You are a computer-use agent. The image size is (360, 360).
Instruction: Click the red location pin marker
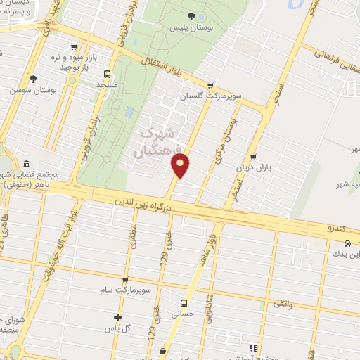[x=181, y=166]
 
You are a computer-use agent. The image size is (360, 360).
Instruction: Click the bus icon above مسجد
[x=108, y=73]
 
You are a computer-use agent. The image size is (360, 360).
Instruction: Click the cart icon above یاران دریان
[x=253, y=157]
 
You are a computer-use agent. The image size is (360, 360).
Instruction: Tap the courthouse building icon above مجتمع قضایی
[x=26, y=162]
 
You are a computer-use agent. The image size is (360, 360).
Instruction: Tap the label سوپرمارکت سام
[x=124, y=290]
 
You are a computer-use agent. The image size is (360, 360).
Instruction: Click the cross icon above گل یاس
[x=117, y=317]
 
